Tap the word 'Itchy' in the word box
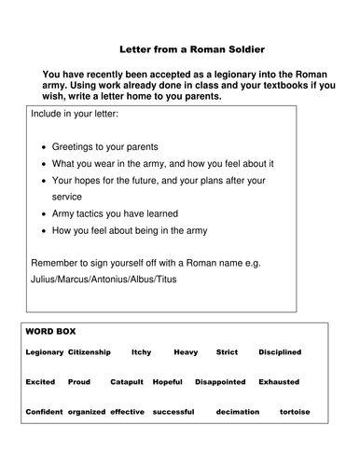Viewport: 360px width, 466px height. tap(141, 352)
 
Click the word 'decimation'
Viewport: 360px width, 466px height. tap(237, 412)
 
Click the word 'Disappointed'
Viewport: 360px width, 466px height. tap(220, 382)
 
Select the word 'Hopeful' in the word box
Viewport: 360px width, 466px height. tap(168, 382)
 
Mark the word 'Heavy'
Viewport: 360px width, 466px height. tap(186, 352)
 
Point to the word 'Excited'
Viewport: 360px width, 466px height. tap(40, 382)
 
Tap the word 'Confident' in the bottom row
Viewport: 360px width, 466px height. tap(44, 412)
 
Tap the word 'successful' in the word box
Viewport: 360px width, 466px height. tap(173, 412)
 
